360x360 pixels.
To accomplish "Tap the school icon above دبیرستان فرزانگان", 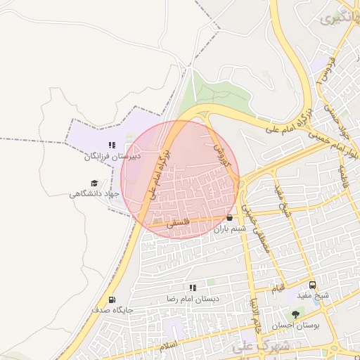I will tap(112, 145).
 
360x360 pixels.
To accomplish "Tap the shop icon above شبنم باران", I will tap(230, 217).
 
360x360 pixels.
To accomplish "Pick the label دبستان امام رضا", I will tap(193, 299).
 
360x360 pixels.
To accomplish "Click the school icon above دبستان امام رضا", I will tap(193, 287).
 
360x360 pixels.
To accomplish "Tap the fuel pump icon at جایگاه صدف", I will tap(94, 309).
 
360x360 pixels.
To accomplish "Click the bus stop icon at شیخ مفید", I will tap(312, 285).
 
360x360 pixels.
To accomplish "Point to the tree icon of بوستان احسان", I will tap(295, 314).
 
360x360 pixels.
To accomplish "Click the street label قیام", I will tap(279, 288).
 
